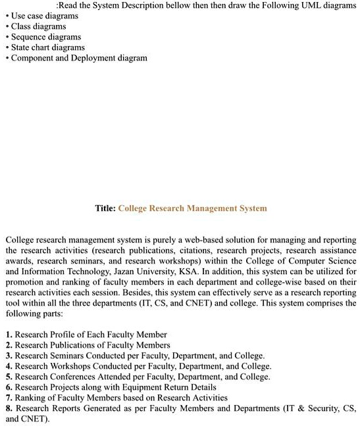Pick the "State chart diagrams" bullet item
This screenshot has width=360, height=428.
tap(48, 47)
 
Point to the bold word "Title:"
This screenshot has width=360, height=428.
tap(105, 208)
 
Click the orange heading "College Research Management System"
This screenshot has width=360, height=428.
tap(192, 208)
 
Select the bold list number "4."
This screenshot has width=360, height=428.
tap(9, 366)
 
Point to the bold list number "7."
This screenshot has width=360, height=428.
tap(9, 398)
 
